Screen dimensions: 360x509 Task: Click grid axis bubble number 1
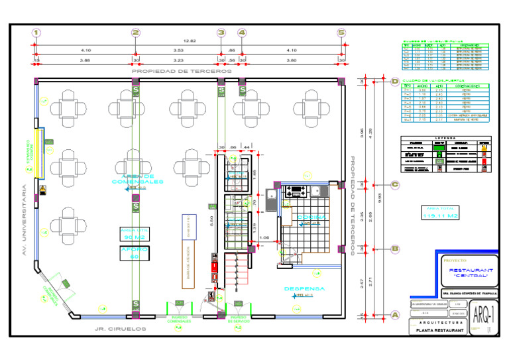pyautogui.click(x=36, y=32)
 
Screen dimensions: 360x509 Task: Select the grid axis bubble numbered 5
pyautogui.click(x=341, y=32)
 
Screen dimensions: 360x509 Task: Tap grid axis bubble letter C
pyautogui.click(x=394, y=185)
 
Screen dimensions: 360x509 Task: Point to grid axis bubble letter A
pyautogui.click(x=395, y=315)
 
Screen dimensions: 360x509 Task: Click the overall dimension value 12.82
pyautogui.click(x=190, y=41)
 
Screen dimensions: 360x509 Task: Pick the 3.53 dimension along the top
pyautogui.click(x=178, y=50)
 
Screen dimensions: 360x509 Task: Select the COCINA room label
pyautogui.click(x=311, y=217)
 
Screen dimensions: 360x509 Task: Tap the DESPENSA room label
pyautogui.click(x=304, y=289)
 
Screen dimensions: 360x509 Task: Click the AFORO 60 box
pyautogui.click(x=135, y=253)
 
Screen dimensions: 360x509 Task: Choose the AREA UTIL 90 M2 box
pyautogui.click(x=135, y=233)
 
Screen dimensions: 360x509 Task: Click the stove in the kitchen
pyautogui.click(x=295, y=192)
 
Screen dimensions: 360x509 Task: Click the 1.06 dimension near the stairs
pyautogui.click(x=264, y=237)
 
